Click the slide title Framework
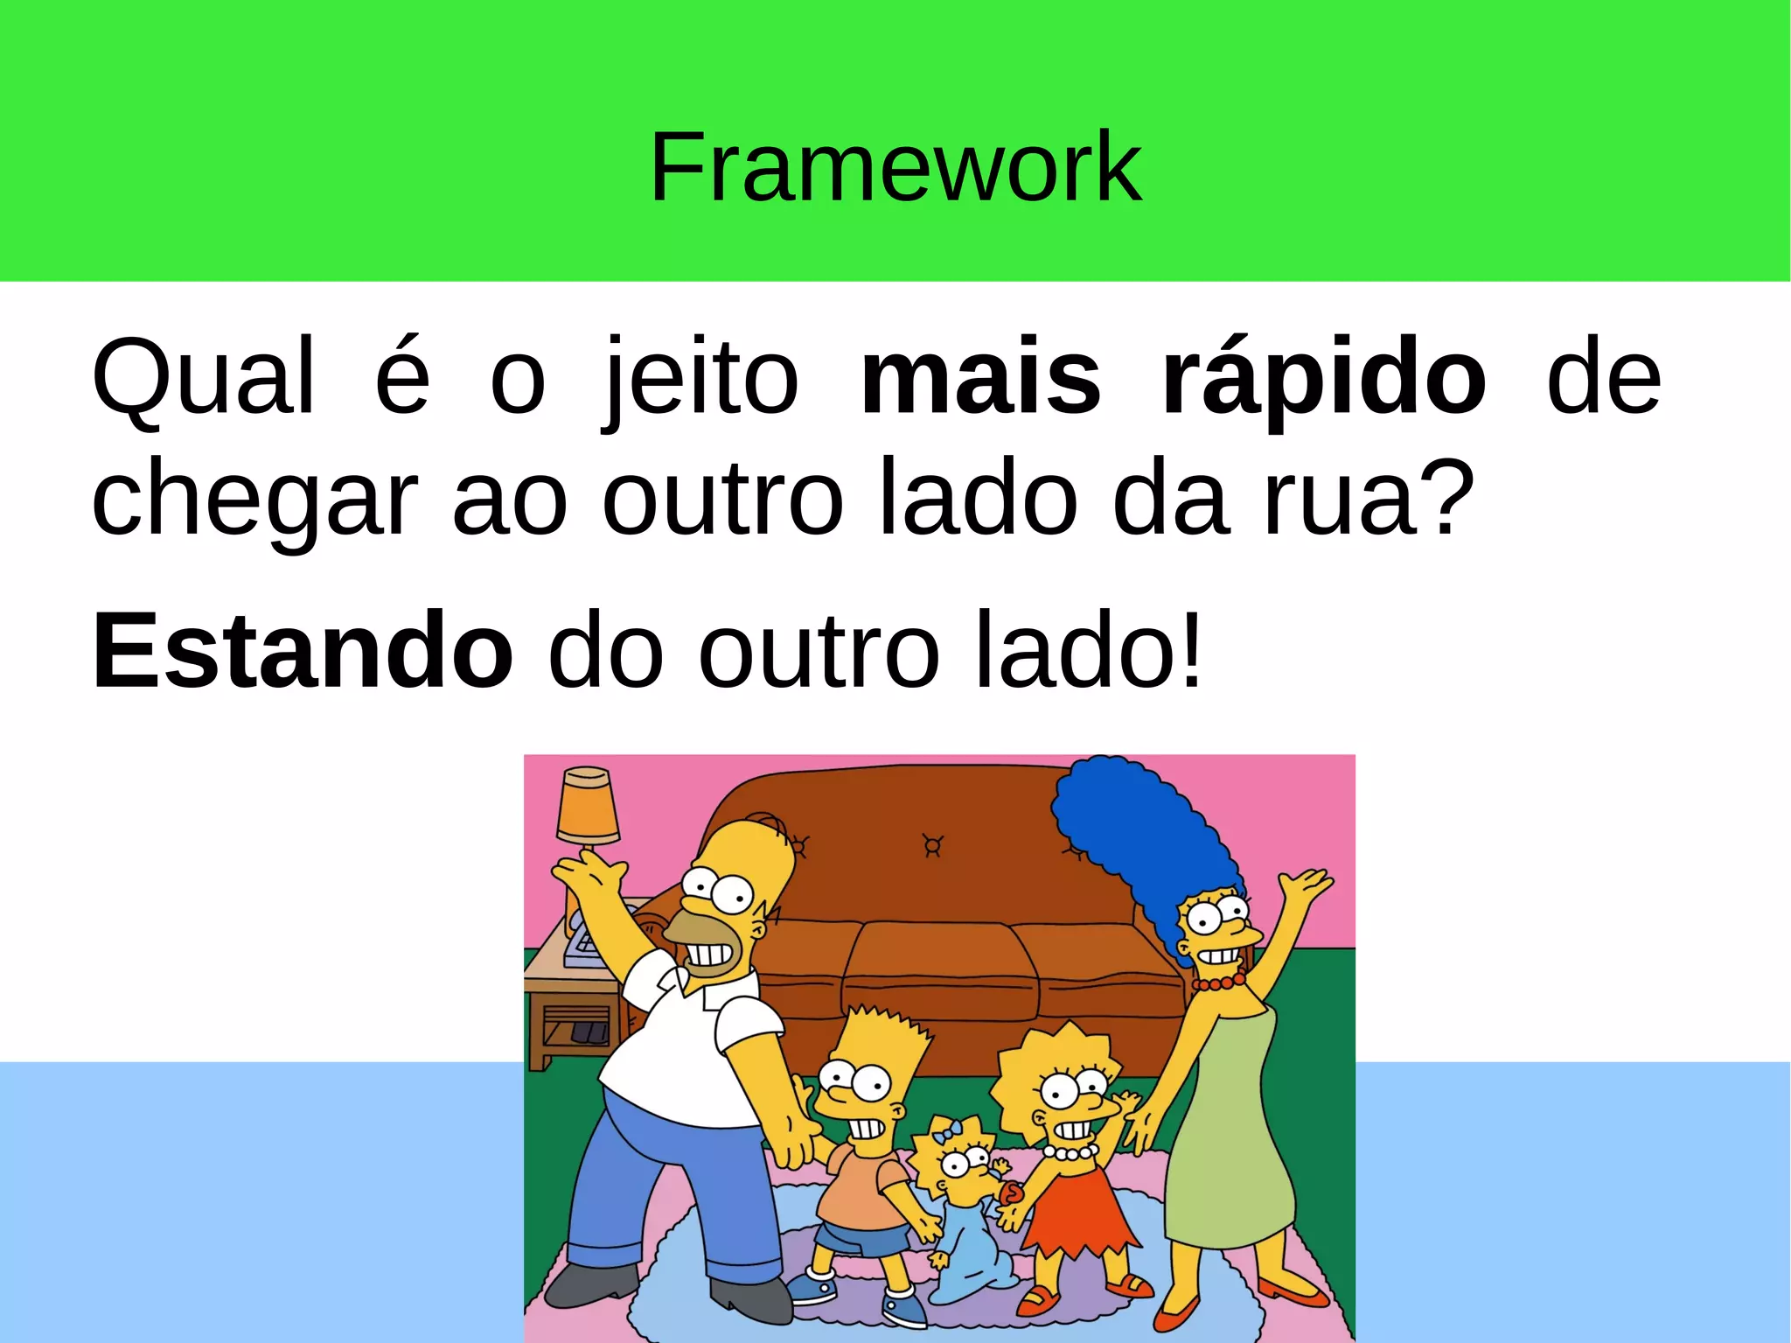coord(895,166)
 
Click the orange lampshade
coord(588,806)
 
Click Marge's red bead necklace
coord(1219,983)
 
